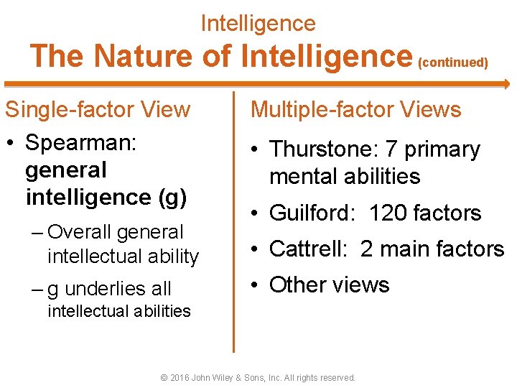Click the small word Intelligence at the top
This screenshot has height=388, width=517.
click(x=258, y=23)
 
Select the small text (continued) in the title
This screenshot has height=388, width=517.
click(x=452, y=63)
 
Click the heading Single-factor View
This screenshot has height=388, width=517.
click(x=98, y=110)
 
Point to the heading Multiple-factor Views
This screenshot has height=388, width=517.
click(x=355, y=110)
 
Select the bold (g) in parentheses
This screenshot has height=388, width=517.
click(x=172, y=196)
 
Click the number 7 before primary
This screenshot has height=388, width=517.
click(x=391, y=149)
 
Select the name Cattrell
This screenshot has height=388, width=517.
click(x=307, y=249)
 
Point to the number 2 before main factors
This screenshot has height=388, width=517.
click(x=366, y=249)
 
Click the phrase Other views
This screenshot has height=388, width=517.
click(x=329, y=285)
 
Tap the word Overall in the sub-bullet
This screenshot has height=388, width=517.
click(x=80, y=232)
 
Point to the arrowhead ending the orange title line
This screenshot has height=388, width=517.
click(x=504, y=83)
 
